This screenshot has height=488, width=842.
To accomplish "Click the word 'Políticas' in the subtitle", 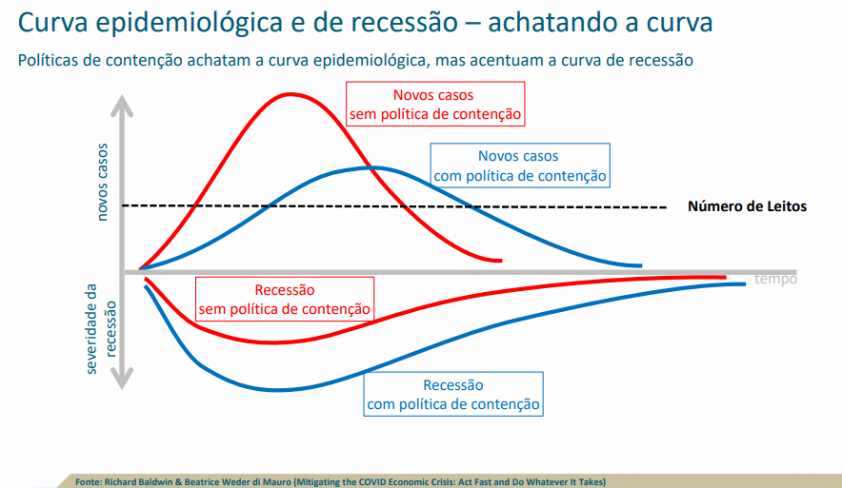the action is click(48, 60).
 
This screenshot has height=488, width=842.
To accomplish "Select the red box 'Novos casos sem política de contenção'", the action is click(435, 104).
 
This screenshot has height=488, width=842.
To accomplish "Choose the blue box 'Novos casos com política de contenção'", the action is click(520, 166).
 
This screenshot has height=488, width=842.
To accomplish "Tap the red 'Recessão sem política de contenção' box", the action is click(285, 300).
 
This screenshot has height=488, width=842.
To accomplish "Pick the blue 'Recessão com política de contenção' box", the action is click(453, 394).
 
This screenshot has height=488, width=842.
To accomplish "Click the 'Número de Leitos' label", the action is click(747, 206).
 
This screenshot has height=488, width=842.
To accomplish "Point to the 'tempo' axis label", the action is click(775, 279).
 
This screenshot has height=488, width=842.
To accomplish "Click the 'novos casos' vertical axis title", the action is click(102, 182).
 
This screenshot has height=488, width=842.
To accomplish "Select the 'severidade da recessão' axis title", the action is click(100, 329).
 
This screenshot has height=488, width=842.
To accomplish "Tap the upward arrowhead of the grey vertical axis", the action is click(122, 105).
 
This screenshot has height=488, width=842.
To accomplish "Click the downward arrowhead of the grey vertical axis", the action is click(122, 379).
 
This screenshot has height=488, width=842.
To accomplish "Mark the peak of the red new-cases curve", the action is click(290, 94).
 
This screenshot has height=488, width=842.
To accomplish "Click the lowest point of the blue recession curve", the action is click(277, 390).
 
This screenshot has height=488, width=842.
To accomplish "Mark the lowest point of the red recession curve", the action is click(272, 342).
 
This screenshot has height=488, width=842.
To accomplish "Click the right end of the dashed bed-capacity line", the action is click(666, 207).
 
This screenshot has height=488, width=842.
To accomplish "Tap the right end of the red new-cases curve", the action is click(501, 261).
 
